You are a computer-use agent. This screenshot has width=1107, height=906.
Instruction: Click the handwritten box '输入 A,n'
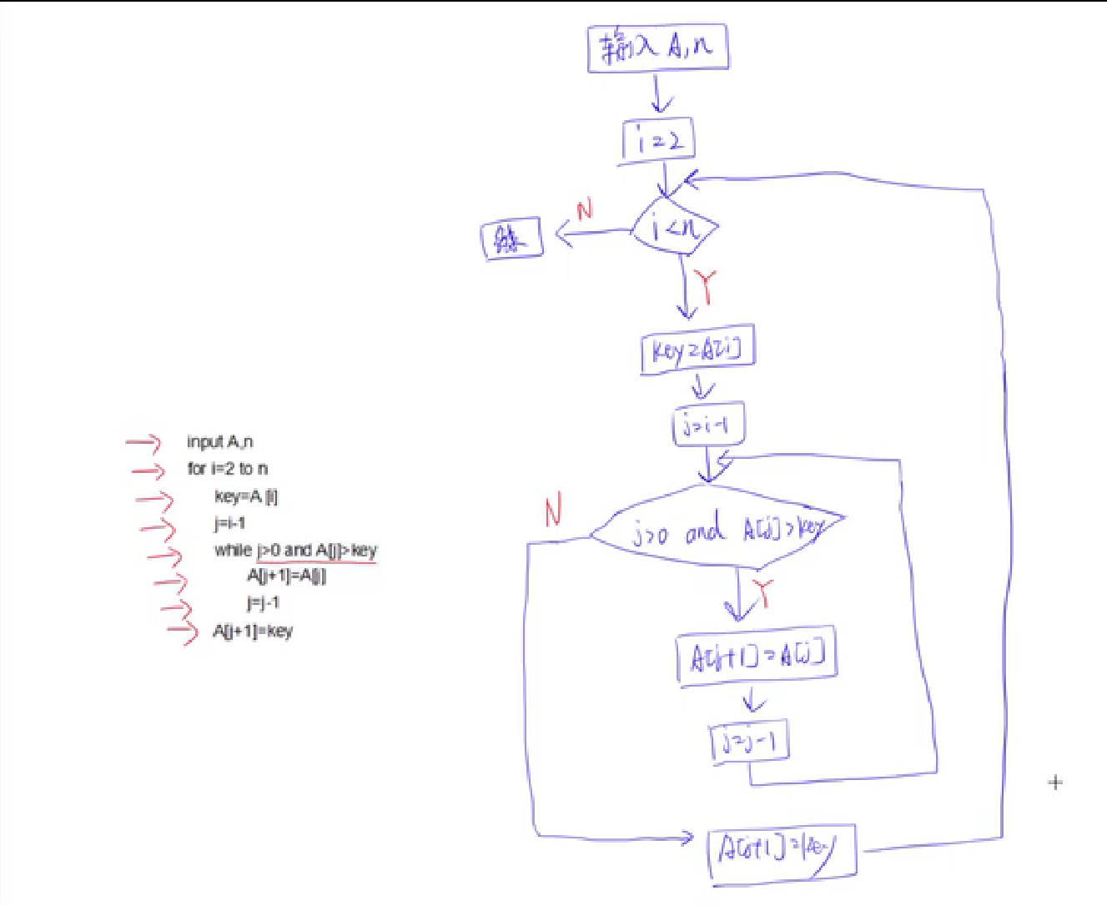point(657,48)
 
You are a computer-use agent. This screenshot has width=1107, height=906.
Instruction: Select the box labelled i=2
point(658,140)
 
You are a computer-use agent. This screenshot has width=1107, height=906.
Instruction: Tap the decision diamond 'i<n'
point(674,226)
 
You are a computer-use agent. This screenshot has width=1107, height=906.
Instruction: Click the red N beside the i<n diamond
point(584,209)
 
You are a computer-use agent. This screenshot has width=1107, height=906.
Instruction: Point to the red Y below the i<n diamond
point(707,286)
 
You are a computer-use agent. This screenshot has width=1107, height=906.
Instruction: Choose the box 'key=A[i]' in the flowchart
point(697,350)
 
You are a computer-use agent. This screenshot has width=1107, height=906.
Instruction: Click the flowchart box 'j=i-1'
point(707,425)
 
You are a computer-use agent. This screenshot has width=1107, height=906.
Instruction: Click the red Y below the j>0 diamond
point(762,594)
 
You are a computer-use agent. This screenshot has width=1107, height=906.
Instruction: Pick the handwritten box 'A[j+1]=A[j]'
point(757,657)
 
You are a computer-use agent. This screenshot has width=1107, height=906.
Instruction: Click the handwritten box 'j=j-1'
point(749,742)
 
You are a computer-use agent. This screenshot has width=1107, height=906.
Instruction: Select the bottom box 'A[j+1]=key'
point(782,852)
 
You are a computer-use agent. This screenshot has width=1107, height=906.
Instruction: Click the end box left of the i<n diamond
point(512,239)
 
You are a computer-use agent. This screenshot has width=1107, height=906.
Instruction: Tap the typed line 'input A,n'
point(220,441)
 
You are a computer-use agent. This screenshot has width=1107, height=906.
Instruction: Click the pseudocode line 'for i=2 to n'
point(228,468)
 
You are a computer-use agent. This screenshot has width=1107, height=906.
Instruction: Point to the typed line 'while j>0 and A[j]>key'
point(295,550)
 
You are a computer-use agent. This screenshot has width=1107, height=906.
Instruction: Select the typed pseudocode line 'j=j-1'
point(263,602)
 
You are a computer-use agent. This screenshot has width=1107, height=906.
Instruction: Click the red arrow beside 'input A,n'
point(143,442)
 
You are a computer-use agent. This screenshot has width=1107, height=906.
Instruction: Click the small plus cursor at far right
point(1055,783)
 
